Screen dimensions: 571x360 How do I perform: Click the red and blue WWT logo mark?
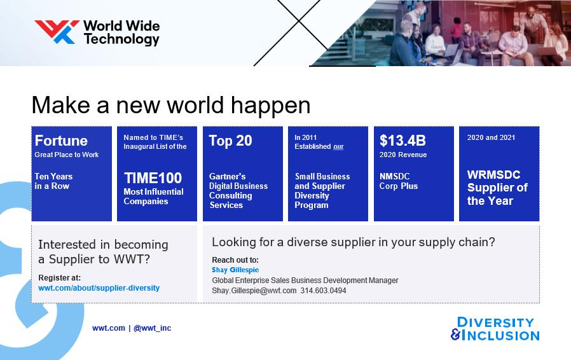click(x=57, y=32)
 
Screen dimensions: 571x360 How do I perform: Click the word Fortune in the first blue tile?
click(x=61, y=141)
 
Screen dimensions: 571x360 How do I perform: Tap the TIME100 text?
click(x=153, y=178)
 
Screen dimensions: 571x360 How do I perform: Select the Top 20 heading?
click(x=230, y=141)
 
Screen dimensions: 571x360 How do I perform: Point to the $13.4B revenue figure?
click(x=402, y=141)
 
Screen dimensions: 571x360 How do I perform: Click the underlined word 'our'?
click(x=338, y=146)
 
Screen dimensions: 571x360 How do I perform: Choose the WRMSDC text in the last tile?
click(x=493, y=174)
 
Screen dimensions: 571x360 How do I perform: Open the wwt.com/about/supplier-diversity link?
click(x=99, y=288)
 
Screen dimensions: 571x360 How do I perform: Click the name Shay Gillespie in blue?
click(x=235, y=270)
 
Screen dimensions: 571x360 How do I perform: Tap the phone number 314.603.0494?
click(x=324, y=291)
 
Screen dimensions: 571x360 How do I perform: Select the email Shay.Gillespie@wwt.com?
click(x=254, y=291)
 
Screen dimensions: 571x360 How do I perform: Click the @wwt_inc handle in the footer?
click(x=152, y=328)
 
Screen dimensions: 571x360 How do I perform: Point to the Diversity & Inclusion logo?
click(x=495, y=329)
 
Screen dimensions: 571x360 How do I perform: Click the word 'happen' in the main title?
click(x=271, y=106)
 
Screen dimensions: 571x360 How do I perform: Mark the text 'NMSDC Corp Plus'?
click(x=399, y=181)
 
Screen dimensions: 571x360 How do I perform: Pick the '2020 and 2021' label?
click(x=491, y=137)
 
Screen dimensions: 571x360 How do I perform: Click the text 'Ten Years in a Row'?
click(x=53, y=181)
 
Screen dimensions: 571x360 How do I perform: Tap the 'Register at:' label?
click(x=59, y=278)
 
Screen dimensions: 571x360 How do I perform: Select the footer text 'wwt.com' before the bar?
click(x=109, y=328)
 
